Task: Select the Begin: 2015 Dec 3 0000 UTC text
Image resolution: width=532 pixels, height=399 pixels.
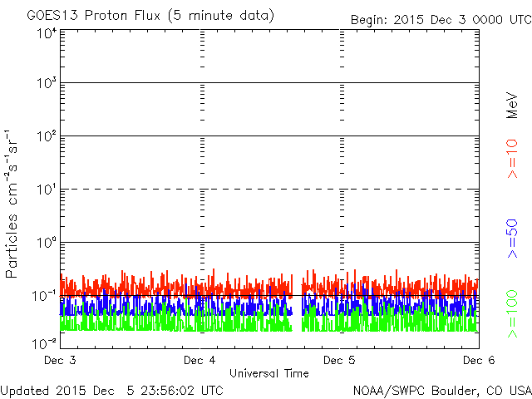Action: (x=440, y=18)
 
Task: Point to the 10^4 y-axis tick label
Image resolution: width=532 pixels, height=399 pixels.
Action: (x=47, y=33)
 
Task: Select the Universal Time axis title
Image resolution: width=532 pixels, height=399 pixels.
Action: (x=269, y=373)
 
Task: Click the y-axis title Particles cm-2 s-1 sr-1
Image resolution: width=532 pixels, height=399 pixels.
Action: (x=12, y=204)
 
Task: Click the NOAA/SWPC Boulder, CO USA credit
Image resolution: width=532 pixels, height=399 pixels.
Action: (x=441, y=390)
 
